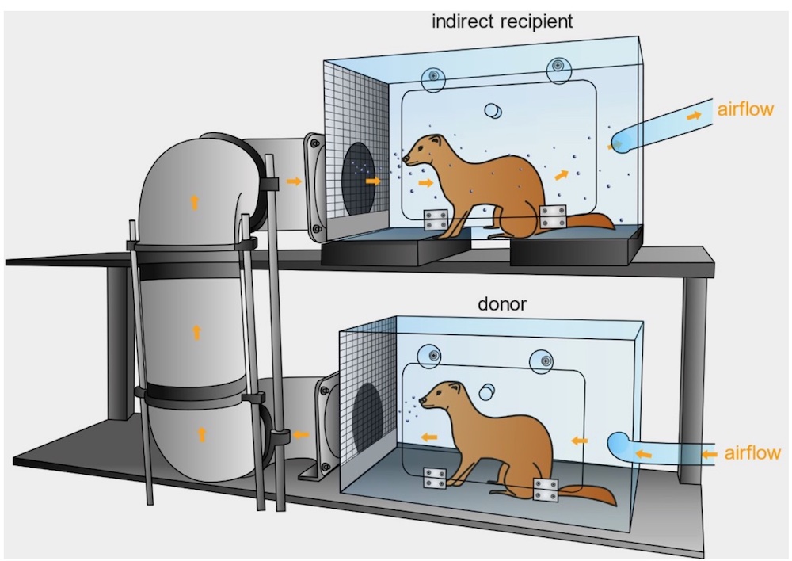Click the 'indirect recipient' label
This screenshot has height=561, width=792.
click(x=502, y=21)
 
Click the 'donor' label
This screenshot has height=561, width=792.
click(x=502, y=304)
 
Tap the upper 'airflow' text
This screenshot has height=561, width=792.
click(x=745, y=109)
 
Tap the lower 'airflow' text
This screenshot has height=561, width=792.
click(x=752, y=453)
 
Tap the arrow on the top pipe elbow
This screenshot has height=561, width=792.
click(x=194, y=203)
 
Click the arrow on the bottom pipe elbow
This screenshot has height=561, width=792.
click(x=201, y=434)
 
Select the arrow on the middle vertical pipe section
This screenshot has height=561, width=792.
click(x=197, y=332)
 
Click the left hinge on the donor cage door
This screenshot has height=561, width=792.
click(x=435, y=478)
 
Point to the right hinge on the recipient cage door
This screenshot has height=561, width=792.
click(x=553, y=217)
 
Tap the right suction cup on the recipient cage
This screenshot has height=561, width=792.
click(x=558, y=67)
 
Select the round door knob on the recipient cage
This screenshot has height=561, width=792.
click(x=493, y=111)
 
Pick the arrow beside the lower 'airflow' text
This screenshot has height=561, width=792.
click(x=709, y=454)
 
